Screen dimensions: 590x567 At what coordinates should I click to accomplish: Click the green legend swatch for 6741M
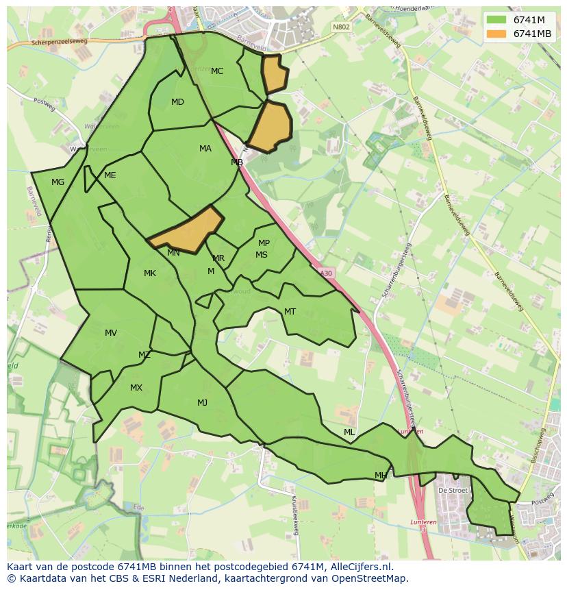tap(496, 20)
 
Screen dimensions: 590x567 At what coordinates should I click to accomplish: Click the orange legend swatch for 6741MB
tap(496, 34)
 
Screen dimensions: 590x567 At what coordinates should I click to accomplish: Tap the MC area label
tap(217, 71)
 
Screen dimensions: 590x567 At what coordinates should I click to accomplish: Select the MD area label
tap(177, 102)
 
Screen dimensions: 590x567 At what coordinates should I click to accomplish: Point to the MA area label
tap(205, 149)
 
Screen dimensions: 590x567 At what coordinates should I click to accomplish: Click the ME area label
tap(110, 175)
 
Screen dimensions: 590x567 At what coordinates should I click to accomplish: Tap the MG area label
tap(58, 182)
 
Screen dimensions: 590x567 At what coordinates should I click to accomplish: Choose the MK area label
tap(150, 273)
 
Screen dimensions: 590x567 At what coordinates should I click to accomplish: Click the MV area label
tap(111, 333)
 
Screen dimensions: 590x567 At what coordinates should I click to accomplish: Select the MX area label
tap(136, 388)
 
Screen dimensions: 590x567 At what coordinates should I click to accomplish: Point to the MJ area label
tap(202, 403)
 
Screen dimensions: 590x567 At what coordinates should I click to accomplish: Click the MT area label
tap(290, 312)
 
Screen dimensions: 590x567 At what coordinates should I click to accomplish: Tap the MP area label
tap(264, 243)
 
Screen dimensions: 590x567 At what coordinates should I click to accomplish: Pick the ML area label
tap(349, 432)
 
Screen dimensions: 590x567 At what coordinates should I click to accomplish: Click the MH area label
tap(381, 476)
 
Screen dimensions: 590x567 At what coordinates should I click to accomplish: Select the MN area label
tap(173, 253)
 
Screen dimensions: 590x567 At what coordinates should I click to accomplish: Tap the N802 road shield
tap(340, 27)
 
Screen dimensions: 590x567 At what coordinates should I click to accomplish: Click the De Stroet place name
tap(453, 491)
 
